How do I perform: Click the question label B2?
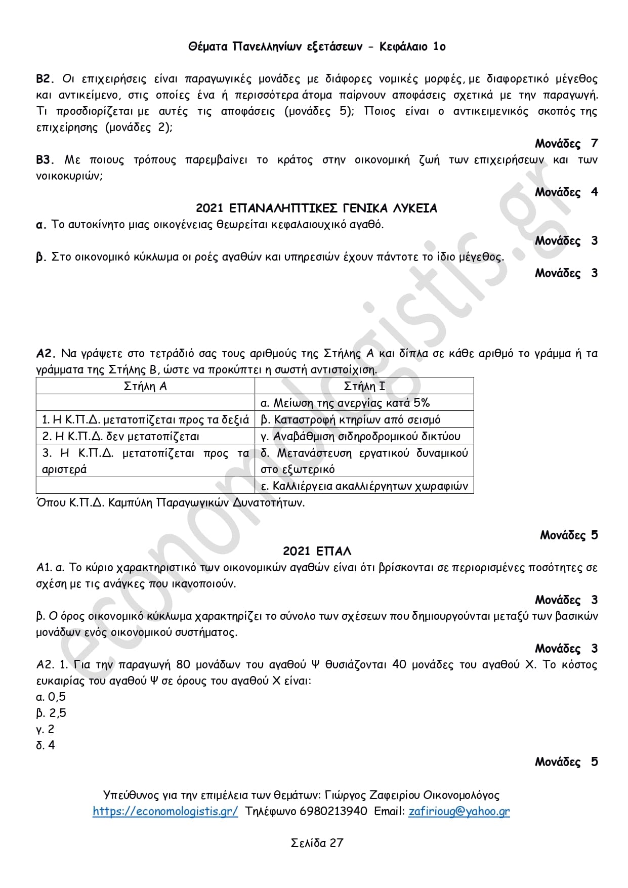[x=45, y=79]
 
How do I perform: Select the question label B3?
[x=45, y=160]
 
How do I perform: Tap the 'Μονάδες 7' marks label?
[x=566, y=144]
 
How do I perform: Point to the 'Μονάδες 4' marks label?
[x=566, y=192]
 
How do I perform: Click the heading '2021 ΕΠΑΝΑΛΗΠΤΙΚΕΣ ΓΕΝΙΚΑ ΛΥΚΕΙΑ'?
[x=316, y=208]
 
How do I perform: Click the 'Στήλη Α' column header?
[x=145, y=386]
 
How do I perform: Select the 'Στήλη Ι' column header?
[x=364, y=386]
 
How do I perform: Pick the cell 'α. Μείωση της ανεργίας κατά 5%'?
[x=345, y=403]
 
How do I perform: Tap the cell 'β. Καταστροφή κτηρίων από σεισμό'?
[x=350, y=419]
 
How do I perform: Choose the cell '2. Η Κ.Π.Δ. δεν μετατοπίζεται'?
[x=120, y=436]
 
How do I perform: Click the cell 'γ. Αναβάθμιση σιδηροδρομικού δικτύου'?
[x=360, y=436]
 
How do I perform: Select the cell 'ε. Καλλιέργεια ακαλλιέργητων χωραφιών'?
[x=364, y=486]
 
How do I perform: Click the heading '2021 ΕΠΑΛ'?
[x=317, y=551]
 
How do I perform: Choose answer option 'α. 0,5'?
[x=51, y=697]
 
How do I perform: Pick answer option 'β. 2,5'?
[x=51, y=713]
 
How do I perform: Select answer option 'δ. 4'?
[x=46, y=745]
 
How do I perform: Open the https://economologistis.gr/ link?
[x=165, y=811]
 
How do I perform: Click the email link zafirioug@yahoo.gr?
[x=459, y=811]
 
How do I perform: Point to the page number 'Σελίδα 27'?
[x=317, y=842]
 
